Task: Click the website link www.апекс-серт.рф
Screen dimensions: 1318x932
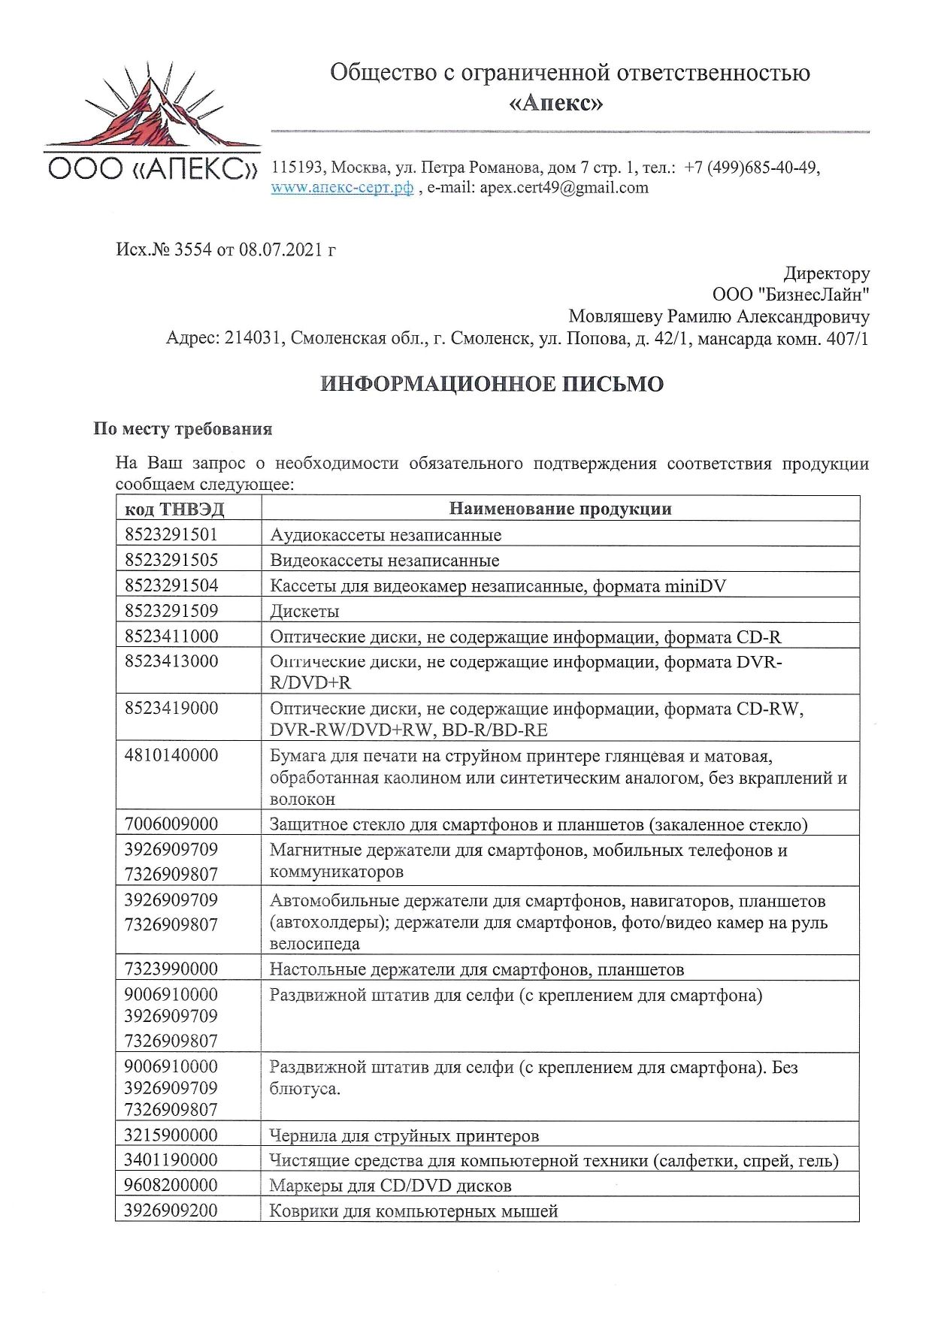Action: click(342, 188)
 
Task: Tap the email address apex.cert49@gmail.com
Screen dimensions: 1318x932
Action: click(564, 188)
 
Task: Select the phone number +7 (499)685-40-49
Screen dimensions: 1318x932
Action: click(751, 168)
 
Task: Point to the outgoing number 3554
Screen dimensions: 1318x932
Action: click(192, 249)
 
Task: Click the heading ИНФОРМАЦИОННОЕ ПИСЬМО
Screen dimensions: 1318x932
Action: click(492, 384)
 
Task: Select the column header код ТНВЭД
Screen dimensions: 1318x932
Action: click(174, 509)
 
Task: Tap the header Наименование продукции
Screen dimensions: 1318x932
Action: click(560, 509)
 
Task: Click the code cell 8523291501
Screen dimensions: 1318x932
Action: click(171, 534)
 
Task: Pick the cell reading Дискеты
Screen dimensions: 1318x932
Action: click(304, 611)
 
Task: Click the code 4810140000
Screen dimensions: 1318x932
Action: click(171, 755)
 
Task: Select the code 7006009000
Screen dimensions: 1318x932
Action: click(171, 824)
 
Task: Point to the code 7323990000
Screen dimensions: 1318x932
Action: click(171, 969)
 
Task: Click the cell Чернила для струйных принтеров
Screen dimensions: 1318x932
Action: click(404, 1135)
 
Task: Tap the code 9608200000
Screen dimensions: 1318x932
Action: click(171, 1185)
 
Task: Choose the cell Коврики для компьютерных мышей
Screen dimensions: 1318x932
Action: click(413, 1211)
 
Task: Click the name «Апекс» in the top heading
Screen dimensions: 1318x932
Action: click(556, 102)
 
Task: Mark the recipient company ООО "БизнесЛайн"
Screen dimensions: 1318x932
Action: click(791, 295)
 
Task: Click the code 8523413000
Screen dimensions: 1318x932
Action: click(171, 661)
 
